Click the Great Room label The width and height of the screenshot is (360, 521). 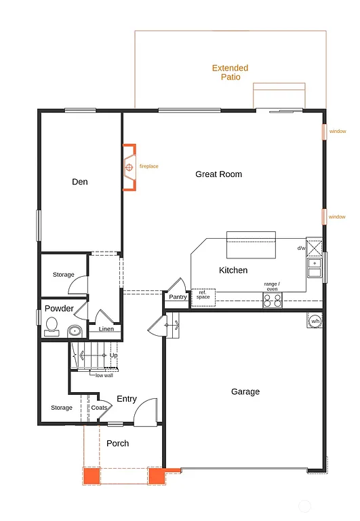pos(218,174)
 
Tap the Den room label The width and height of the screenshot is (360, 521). pos(80,182)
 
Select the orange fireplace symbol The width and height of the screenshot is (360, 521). pos(129,166)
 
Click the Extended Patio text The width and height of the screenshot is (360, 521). pos(230,73)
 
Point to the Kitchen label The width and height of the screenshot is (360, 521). pos(233,271)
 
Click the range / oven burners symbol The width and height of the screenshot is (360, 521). pos(272,301)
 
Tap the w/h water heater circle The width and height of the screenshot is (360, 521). pos(315,321)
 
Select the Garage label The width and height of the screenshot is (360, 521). pos(245,391)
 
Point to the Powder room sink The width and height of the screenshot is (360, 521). pos(75,332)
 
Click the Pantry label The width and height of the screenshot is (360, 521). pos(178,297)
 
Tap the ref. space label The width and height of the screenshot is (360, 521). pos(203,295)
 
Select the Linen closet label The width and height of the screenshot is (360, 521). pos(106,329)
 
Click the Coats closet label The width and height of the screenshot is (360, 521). pos(99,408)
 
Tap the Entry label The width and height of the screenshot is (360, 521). pos(127,399)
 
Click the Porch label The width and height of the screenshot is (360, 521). pos(117,444)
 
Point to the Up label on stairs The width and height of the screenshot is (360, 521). pos(113,355)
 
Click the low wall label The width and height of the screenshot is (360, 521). pos(104,375)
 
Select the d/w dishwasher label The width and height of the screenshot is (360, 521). pos(301,248)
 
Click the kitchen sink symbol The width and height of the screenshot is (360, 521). pos(315,268)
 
